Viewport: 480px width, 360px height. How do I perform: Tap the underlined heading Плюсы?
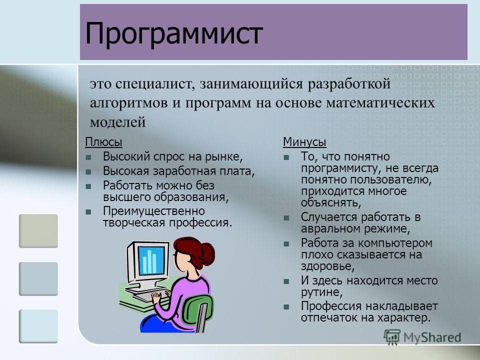pyautogui.click(x=104, y=142)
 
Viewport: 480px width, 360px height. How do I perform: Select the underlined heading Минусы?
pyautogui.click(x=304, y=142)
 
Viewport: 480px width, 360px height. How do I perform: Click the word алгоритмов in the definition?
pyautogui.click(x=128, y=103)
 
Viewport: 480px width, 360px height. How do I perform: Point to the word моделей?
pyautogui.click(x=118, y=122)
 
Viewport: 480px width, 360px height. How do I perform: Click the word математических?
pyautogui.click(x=380, y=102)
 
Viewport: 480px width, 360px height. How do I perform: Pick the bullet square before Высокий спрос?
pyautogui.click(x=88, y=157)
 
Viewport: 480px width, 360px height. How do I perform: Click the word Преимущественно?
pyautogui.click(x=154, y=211)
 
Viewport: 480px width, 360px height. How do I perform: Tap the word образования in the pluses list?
pyautogui.click(x=191, y=197)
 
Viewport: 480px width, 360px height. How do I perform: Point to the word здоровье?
pyautogui.click(x=327, y=266)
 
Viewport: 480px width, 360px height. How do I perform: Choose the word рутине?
pyautogui.click(x=321, y=292)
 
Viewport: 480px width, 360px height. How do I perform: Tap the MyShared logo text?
pyautogui.click(x=432, y=337)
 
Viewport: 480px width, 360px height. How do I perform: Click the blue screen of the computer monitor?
pyautogui.click(x=151, y=260)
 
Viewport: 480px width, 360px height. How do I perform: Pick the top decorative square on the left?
pyautogui.click(x=38, y=231)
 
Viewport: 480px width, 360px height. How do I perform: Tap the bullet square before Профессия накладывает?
pyautogui.click(x=286, y=306)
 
